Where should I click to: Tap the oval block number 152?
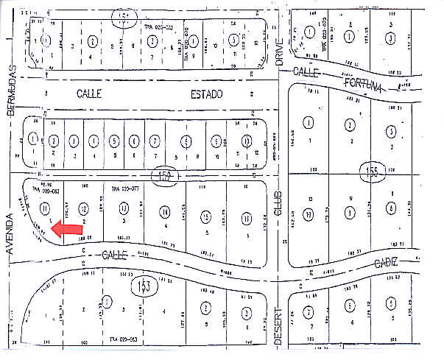click(166, 177)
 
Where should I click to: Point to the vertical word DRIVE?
click(279, 52)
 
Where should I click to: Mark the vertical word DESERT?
click(279, 327)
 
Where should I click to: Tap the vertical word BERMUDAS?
click(11, 89)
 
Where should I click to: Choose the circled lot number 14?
click(163, 213)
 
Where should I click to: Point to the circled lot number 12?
click(83, 210)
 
